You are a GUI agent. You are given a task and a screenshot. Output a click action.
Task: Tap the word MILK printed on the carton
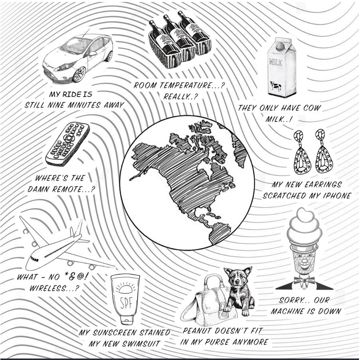[x=276, y=62]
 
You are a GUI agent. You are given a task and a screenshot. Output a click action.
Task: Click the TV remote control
[x=67, y=144]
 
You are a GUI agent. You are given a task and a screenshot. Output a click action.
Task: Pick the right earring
[x=324, y=151]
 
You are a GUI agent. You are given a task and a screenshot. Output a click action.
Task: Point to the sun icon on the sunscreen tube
[x=125, y=288]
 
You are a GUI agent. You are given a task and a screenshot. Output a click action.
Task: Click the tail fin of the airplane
[x=77, y=229]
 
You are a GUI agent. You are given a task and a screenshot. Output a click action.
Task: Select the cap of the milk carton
[x=280, y=47]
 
